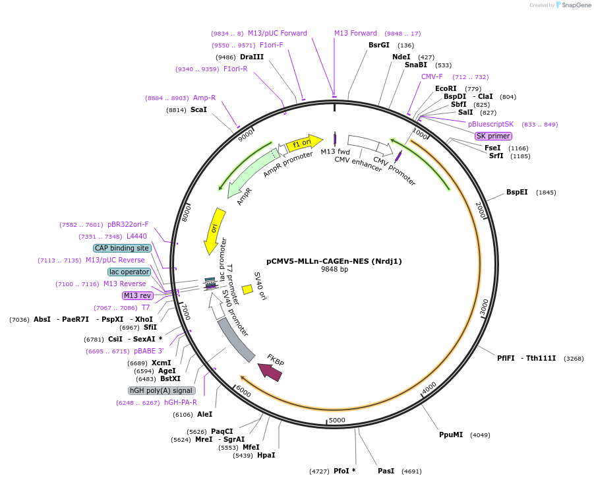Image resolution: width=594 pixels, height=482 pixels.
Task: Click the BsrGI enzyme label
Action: pos(379,45)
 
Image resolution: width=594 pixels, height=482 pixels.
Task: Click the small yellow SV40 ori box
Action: pos(247,289)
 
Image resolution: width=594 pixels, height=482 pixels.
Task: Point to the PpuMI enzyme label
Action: pos(451,435)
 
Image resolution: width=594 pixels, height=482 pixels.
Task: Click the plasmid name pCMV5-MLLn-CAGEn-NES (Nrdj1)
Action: pos(334,261)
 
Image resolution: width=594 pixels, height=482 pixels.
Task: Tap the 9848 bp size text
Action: pos(334,270)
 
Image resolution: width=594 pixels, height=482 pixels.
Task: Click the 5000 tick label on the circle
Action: pos(337,420)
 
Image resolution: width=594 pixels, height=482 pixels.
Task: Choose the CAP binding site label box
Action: pos(122,248)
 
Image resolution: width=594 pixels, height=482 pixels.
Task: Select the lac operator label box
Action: pos(129,272)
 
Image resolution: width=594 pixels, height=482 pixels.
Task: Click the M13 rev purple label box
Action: pos(137,295)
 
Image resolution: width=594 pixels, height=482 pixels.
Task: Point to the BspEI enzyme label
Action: pos(517,193)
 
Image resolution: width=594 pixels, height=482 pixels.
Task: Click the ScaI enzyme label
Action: pos(198,109)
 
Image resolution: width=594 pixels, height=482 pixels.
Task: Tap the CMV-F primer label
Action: pos(432,76)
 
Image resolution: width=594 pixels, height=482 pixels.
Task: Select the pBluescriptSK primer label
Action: pos(490,124)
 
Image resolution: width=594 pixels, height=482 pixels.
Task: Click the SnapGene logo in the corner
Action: pos(573,5)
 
